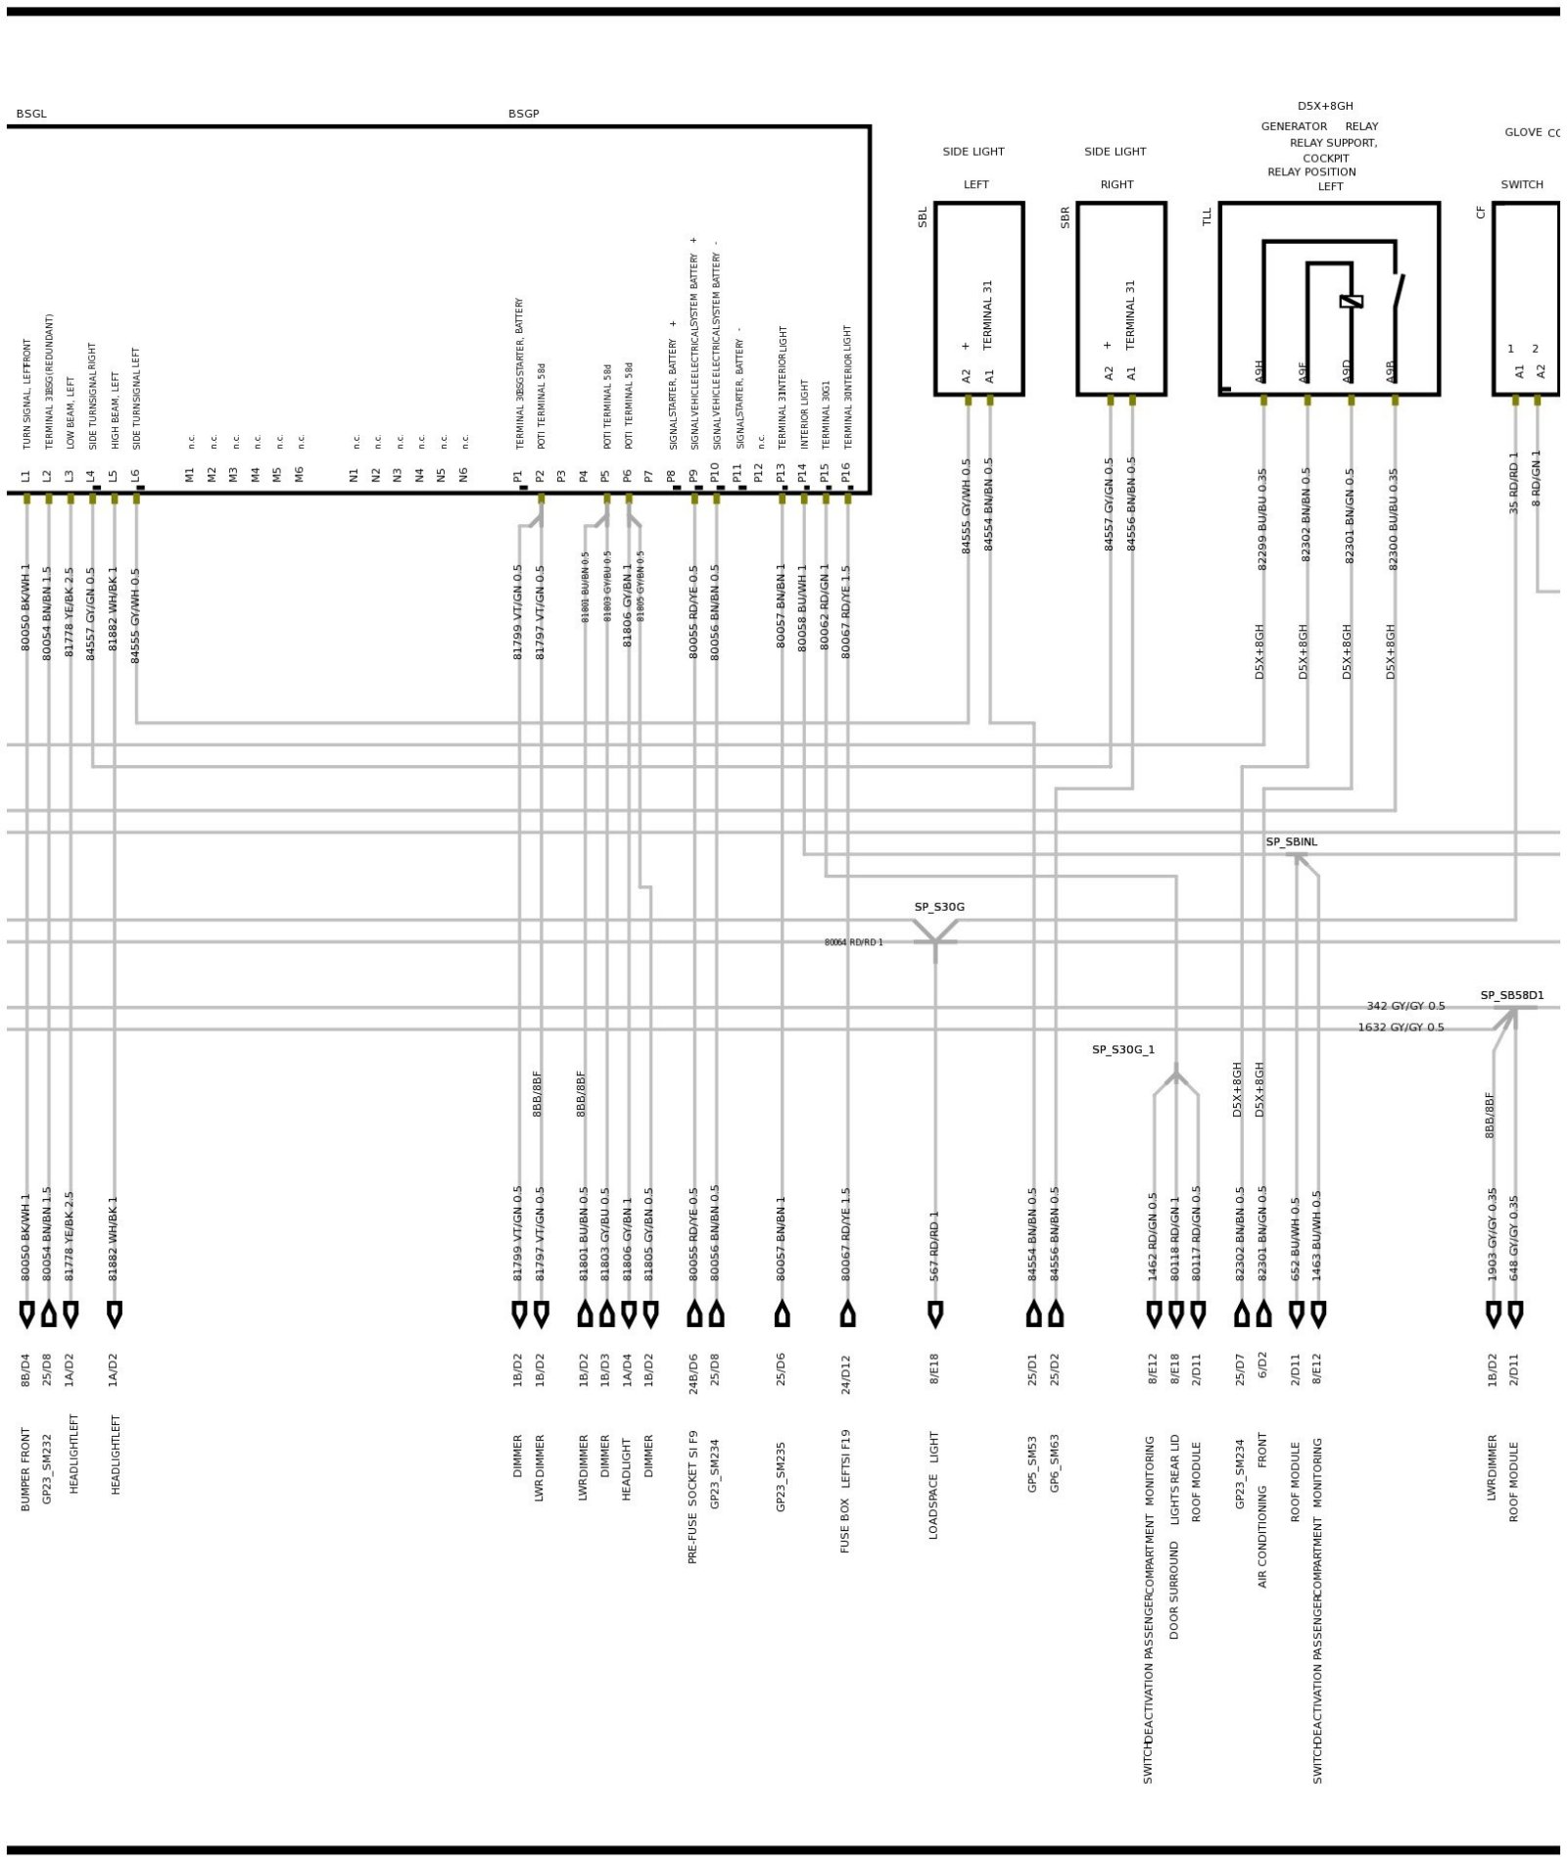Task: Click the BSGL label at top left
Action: pyautogui.click(x=31, y=114)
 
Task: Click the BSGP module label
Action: pyautogui.click(x=523, y=114)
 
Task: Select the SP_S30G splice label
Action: pyautogui.click(x=938, y=907)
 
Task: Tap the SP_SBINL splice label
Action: pyautogui.click(x=1291, y=841)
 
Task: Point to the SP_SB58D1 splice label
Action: pyautogui.click(x=1511, y=995)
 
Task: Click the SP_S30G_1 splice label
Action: pyautogui.click(x=1122, y=1049)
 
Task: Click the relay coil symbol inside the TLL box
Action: pyautogui.click(x=1351, y=302)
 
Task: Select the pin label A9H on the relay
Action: pyautogui.click(x=1259, y=371)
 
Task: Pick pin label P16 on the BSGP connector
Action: pyautogui.click(x=846, y=472)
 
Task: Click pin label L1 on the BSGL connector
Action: pyautogui.click(x=25, y=476)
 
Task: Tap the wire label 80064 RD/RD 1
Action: pyautogui.click(x=853, y=942)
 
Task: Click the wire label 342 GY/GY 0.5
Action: pyautogui.click(x=1404, y=1006)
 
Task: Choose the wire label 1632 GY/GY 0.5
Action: pyautogui.click(x=1400, y=1027)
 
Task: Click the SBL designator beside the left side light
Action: pyautogui.click(x=923, y=217)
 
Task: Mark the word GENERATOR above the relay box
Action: pyautogui.click(x=1293, y=126)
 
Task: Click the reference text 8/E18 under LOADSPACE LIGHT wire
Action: pyautogui.click(x=934, y=1368)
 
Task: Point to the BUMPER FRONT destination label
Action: pyautogui.click(x=25, y=1469)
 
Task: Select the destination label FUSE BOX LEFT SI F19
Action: pyautogui.click(x=846, y=1491)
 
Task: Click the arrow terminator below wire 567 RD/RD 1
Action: pyautogui.click(x=934, y=1313)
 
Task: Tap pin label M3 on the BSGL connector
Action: pyautogui.click(x=233, y=474)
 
